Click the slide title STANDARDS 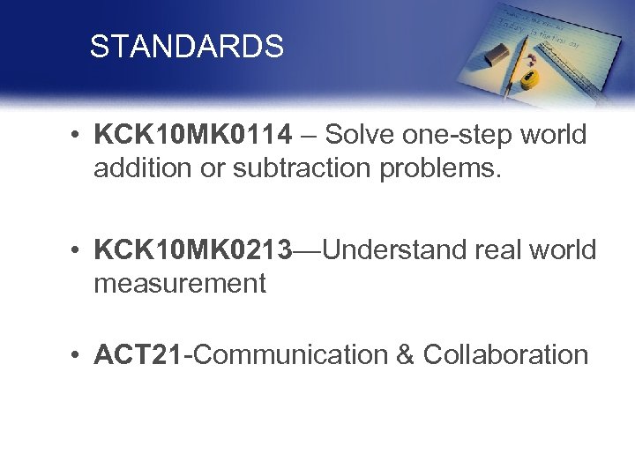[186, 47]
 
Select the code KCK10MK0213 [195, 249]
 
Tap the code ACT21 [141, 354]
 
